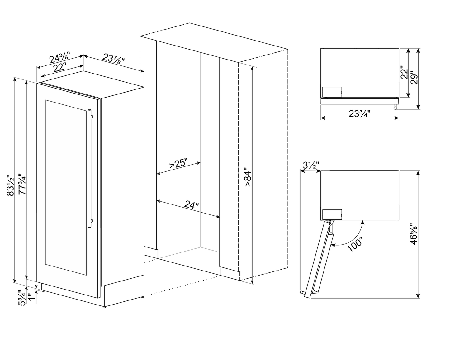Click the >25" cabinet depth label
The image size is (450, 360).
point(178,163)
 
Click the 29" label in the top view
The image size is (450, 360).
point(413,78)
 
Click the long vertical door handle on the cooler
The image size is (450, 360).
point(90,168)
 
